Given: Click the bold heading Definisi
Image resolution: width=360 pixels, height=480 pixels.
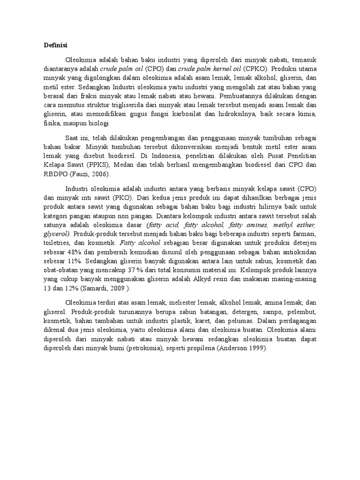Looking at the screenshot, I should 56,45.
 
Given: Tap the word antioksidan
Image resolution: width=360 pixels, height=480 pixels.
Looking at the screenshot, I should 300,252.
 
